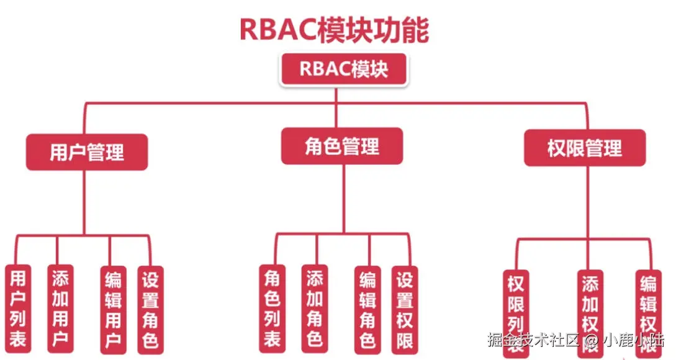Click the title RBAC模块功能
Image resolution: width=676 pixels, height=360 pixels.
pos(334,29)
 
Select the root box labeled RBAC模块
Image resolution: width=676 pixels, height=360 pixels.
pos(344,69)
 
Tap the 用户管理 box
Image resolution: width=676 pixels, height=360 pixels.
pos(87,152)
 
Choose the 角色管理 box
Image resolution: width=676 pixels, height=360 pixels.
pos(342,146)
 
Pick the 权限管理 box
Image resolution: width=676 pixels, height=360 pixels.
pos(584,148)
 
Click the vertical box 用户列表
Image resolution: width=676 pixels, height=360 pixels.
pos(18,308)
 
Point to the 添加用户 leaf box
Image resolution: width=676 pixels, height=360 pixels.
pos(60,308)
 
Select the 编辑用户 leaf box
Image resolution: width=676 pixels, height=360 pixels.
pos(113,308)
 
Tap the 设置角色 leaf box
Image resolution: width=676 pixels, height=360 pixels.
pos(150,308)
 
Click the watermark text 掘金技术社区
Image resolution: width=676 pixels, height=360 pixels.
pos(533,340)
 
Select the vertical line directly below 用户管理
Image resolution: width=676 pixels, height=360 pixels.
pos(84,202)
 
